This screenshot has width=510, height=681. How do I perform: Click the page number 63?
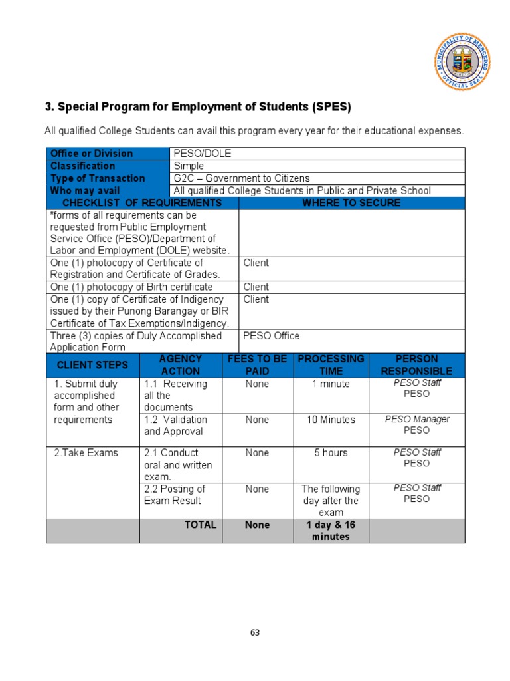(255, 632)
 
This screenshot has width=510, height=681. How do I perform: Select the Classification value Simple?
(189, 166)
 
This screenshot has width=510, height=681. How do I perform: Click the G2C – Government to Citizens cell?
(242, 178)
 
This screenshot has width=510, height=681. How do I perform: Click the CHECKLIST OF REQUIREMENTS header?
(142, 203)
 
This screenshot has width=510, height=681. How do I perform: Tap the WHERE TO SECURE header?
(351, 203)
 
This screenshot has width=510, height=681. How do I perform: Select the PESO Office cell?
(271, 336)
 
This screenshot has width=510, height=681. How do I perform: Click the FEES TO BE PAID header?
(257, 365)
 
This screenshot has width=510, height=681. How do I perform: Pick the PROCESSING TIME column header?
(331, 365)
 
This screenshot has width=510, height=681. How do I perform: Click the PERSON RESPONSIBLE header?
(416, 365)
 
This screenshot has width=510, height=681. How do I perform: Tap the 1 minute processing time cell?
(331, 384)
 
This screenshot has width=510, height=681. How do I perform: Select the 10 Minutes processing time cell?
(331, 420)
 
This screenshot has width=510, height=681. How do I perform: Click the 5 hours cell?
(331, 453)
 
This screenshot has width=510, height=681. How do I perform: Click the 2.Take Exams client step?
(86, 453)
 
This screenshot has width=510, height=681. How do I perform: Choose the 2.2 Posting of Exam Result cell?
(175, 495)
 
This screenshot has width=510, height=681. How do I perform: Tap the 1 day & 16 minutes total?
(331, 531)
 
